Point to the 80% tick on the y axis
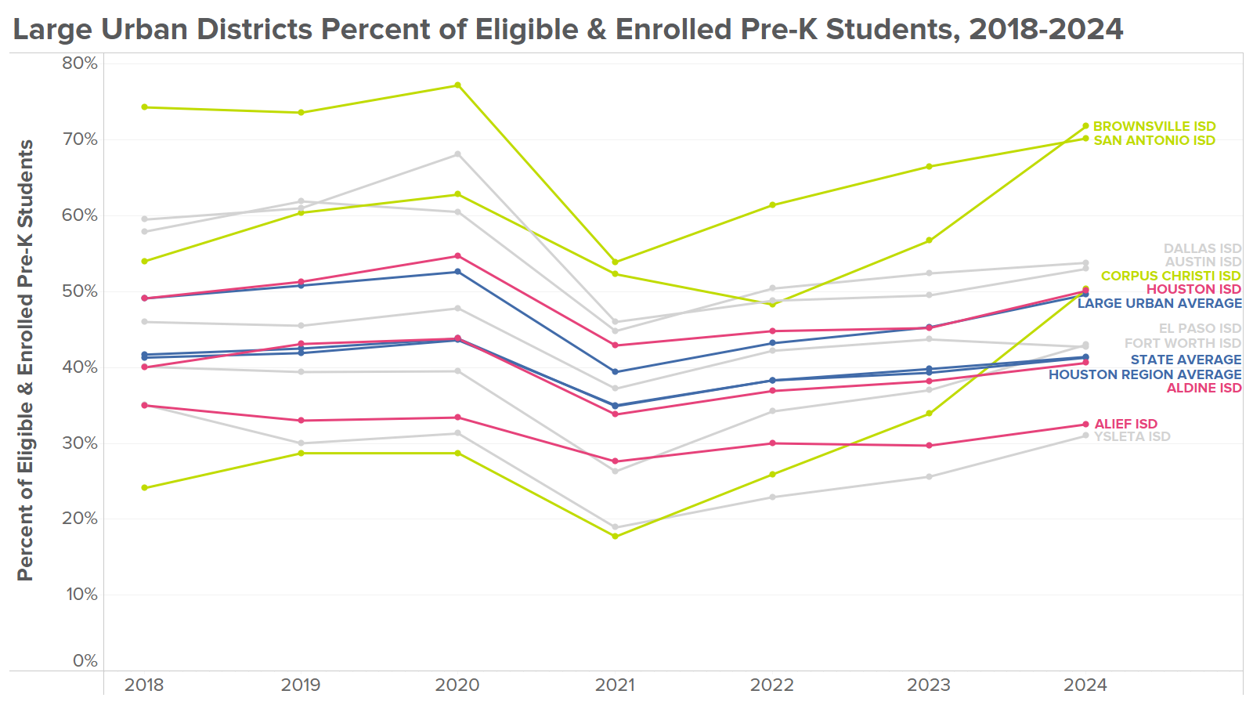pos(80,63)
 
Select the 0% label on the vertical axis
pos(85,661)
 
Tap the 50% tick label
pos(80,291)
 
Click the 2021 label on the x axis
pos(615,685)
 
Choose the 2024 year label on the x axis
pos(1085,685)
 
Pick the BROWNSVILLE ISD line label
pos(1154,126)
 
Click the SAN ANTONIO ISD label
pos(1154,140)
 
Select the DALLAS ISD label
pos(1202,249)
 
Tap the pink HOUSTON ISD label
pos(1193,290)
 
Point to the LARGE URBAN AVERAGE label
pos(1159,303)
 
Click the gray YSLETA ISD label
pos(1132,436)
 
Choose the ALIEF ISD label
pos(1125,424)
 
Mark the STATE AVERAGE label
pos(1186,360)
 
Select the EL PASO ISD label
pos(1200,329)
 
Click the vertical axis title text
pos(25,360)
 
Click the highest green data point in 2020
pos(458,85)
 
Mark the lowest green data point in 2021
pos(615,537)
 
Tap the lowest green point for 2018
pos(144,488)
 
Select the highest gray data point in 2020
pos(458,154)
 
